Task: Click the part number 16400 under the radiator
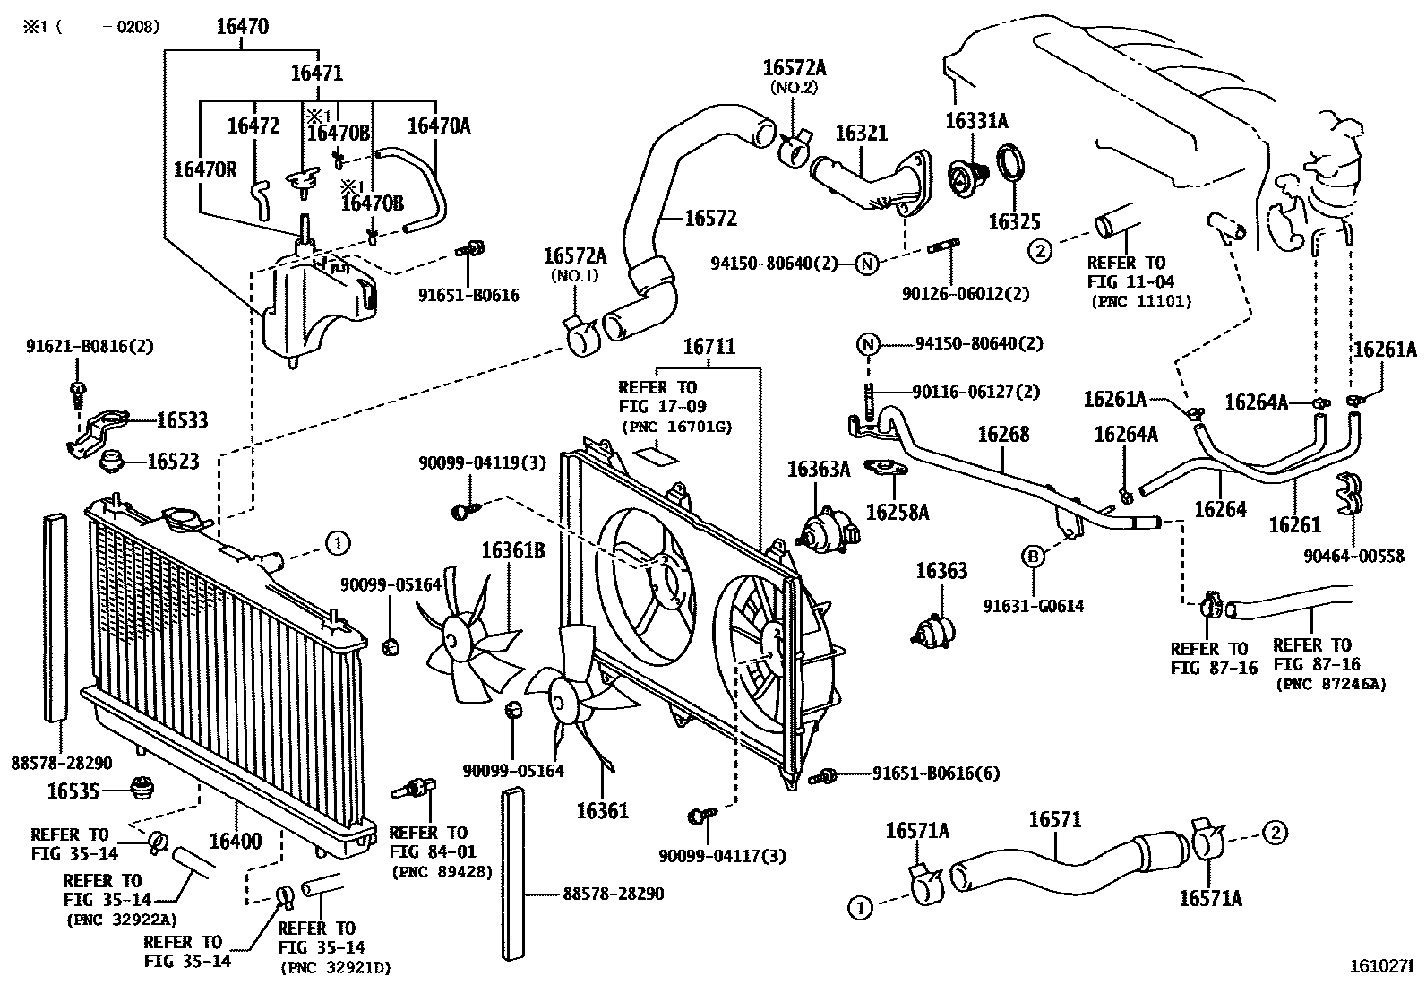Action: click(236, 842)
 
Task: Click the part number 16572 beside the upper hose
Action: click(710, 218)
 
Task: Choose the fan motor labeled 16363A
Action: click(821, 529)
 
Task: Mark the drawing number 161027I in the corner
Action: click(1380, 968)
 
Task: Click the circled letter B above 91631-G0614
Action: click(1032, 557)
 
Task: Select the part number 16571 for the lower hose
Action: click(1054, 819)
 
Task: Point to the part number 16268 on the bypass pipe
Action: click(1003, 434)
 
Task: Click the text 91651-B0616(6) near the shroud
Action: click(935, 773)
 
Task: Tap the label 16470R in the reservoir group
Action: click(205, 169)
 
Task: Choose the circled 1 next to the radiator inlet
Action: click(337, 542)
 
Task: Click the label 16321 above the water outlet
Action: click(861, 134)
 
